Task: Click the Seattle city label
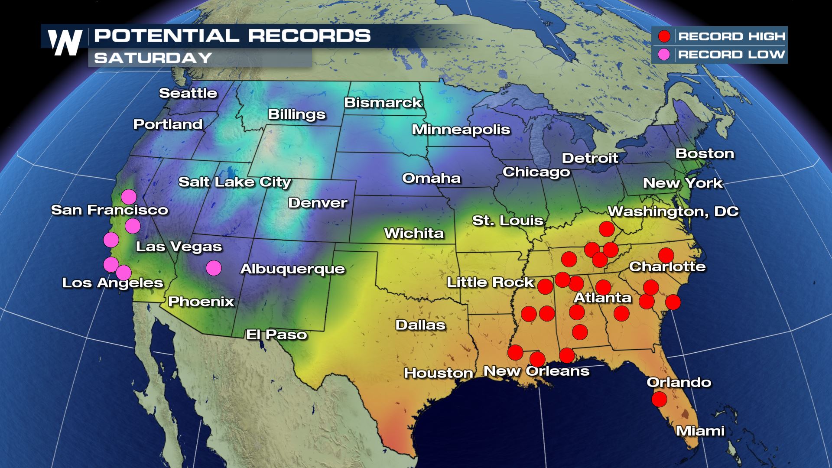tap(188, 93)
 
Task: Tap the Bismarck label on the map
tap(383, 103)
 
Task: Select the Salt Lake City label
tap(234, 182)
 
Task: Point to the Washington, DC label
tap(673, 211)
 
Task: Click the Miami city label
tap(700, 431)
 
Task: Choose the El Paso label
tap(276, 335)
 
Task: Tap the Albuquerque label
tap(292, 269)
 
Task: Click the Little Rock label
tap(490, 283)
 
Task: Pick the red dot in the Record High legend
tap(664, 36)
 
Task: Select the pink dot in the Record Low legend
tap(664, 55)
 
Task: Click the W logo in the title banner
tap(65, 42)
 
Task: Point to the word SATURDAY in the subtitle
tap(153, 58)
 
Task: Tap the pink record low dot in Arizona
tap(214, 268)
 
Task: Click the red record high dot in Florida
tap(659, 399)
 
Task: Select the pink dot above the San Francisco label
tap(129, 197)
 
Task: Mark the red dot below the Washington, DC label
tap(607, 228)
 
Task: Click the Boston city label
tap(705, 153)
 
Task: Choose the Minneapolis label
tap(461, 130)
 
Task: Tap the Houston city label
tap(438, 373)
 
